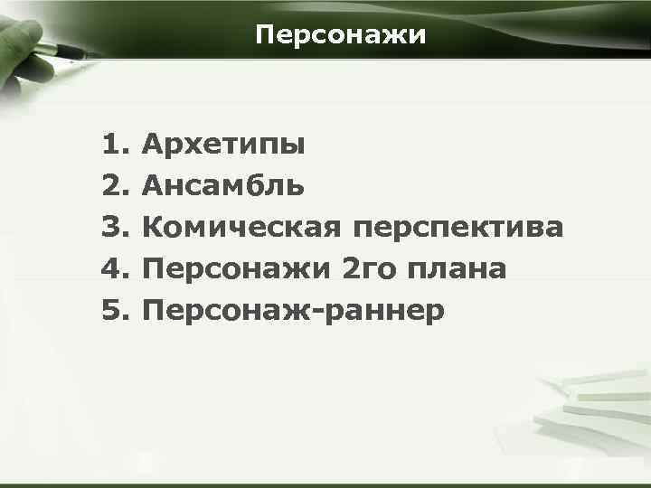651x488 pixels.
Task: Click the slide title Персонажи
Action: click(339, 35)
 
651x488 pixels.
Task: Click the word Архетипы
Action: click(223, 145)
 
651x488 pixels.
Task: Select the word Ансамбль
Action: click(223, 186)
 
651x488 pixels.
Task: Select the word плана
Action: click(457, 269)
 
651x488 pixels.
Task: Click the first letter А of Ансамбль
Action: click(154, 186)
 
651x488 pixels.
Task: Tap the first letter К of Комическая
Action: click(154, 228)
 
